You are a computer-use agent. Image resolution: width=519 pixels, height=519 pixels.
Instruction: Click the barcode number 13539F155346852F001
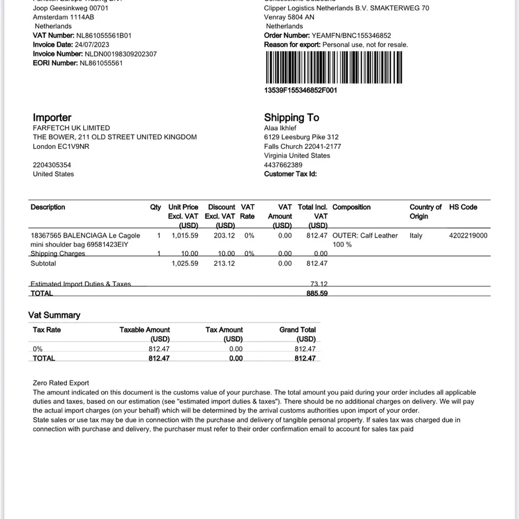[x=301, y=90]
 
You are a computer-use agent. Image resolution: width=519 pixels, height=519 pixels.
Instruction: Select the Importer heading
[x=52, y=118]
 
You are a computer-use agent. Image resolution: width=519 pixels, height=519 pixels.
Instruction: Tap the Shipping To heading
[x=291, y=118]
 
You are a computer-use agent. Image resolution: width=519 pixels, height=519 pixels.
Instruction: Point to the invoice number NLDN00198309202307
[x=120, y=54]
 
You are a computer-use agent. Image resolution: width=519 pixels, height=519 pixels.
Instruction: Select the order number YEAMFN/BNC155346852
[x=351, y=35]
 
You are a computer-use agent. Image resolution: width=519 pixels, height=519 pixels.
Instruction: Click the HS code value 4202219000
[x=468, y=236]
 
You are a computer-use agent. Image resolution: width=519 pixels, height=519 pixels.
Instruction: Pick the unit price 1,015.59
[x=185, y=236]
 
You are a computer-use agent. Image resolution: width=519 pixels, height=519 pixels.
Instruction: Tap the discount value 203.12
[x=224, y=236]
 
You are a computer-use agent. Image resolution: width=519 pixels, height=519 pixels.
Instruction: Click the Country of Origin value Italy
[x=416, y=236]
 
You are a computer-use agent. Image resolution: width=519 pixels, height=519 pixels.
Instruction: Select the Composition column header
[x=351, y=207]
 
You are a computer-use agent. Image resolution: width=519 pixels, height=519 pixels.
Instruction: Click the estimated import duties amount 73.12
[x=319, y=284]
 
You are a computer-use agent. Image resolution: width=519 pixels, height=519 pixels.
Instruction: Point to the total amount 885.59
[x=317, y=293]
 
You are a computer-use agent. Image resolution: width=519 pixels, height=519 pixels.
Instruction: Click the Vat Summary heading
[x=54, y=315]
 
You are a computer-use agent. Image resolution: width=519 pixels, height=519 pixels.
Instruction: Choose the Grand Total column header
[x=297, y=330]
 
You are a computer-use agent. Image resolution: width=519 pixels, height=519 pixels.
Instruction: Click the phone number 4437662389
[x=283, y=165]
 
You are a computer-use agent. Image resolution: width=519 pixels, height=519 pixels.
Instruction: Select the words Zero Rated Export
[x=61, y=383]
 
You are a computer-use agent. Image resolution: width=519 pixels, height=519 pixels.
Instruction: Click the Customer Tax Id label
[x=290, y=174]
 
